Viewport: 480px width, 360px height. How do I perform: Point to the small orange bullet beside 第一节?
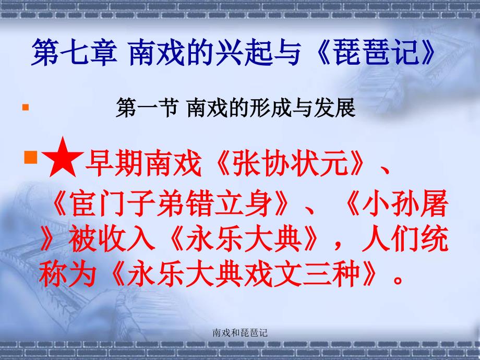[x=25, y=109]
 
